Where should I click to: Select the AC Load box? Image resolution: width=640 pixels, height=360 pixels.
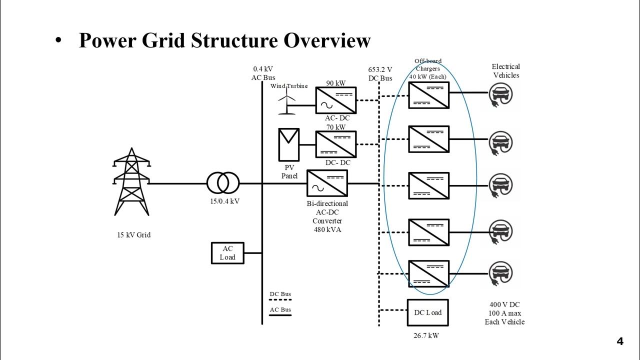point(227,253)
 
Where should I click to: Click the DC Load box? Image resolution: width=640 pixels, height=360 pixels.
point(428,312)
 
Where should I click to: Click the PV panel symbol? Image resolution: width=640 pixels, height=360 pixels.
point(289,144)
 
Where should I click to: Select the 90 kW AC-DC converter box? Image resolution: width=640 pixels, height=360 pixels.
point(335,100)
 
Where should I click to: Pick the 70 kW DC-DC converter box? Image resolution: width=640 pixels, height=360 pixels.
point(335,144)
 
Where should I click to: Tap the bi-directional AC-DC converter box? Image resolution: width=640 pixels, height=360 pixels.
point(327,183)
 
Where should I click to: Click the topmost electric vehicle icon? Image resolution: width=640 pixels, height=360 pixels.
point(500,93)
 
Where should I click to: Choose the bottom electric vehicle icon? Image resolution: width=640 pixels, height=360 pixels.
point(500,273)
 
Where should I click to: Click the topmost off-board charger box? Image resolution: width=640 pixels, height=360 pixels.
point(428,95)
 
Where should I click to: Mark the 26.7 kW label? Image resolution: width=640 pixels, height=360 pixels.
point(426,336)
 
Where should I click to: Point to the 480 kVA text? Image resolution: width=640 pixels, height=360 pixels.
point(327,229)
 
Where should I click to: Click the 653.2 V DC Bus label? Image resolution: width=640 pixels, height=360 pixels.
point(380,74)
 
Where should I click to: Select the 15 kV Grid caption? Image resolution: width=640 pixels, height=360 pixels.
point(134,235)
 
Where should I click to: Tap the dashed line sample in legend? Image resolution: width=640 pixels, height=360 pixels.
point(280,300)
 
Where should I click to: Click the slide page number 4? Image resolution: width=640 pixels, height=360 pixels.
point(620,342)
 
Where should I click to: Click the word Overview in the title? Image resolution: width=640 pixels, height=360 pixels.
point(327,40)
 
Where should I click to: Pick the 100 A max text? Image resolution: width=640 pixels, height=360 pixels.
point(505,313)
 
